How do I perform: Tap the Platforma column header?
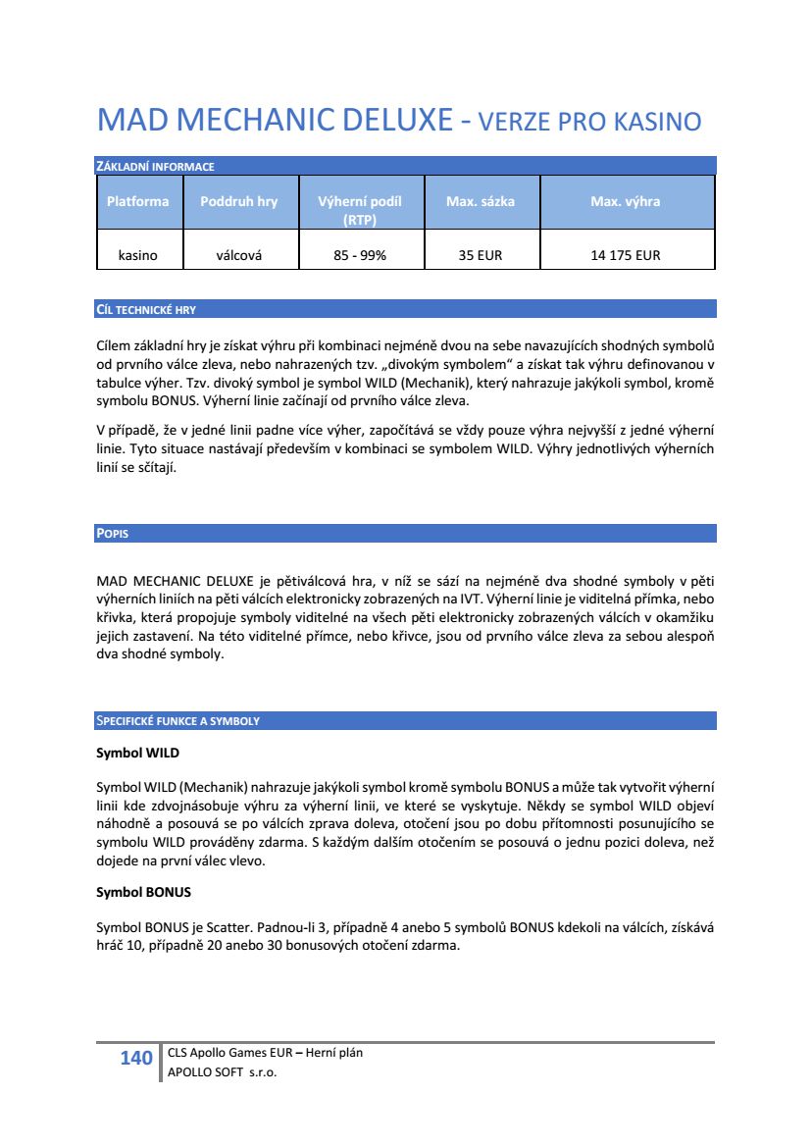point(137,202)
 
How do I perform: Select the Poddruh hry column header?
point(238,202)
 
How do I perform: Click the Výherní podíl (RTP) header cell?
point(360,210)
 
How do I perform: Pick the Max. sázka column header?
point(480,202)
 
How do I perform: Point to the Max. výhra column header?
point(625,202)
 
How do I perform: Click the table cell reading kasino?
point(137,256)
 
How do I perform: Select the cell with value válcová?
point(238,256)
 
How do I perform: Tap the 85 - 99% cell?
point(360,256)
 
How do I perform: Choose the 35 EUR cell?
point(480,256)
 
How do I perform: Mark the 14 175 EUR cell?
point(625,256)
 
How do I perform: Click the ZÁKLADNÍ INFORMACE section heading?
point(155,167)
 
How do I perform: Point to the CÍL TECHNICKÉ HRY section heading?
point(146,310)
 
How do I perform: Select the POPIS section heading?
point(113,535)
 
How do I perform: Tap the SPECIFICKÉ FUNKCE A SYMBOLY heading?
point(177,721)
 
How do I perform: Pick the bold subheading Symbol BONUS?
point(143,894)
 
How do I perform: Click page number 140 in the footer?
point(135,1058)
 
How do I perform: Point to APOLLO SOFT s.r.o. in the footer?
point(222,1072)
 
